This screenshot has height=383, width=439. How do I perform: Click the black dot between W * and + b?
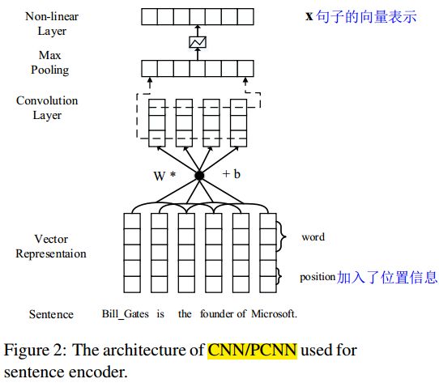199,176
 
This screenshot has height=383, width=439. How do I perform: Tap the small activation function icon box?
198,42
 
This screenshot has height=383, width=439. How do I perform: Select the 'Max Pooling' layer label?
50,62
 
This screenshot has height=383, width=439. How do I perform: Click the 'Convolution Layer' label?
47,108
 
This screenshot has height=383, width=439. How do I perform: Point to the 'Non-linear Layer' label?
52,23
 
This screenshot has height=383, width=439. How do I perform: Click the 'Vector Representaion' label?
51,246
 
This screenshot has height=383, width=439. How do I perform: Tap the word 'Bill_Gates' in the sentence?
126,314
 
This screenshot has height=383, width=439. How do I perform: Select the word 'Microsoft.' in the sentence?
274,313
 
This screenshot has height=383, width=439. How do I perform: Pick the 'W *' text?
164,176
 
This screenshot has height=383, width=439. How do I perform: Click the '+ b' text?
232,174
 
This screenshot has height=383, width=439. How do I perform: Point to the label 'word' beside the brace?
313,237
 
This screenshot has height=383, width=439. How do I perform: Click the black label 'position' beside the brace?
318,277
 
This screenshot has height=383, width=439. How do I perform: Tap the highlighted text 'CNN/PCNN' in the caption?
252,351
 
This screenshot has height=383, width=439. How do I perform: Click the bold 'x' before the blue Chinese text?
309,16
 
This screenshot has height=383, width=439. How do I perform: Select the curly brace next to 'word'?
281,237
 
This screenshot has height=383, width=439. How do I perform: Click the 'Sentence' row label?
51,314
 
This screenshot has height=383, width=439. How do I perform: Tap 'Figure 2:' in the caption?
36,351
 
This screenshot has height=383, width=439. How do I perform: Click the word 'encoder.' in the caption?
98,372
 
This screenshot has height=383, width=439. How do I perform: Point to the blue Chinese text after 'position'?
387,277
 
